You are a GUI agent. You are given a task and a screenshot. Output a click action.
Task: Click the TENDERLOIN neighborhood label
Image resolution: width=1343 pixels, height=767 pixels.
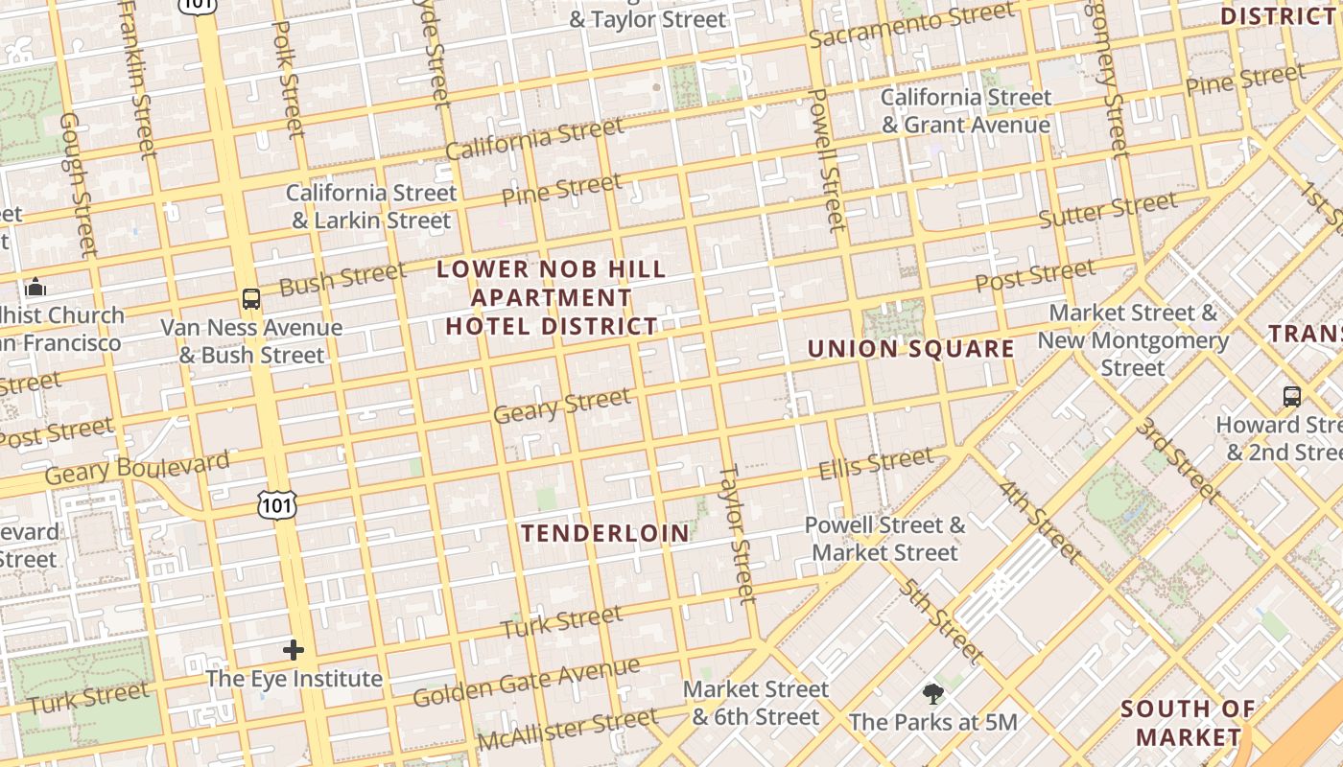[605, 533]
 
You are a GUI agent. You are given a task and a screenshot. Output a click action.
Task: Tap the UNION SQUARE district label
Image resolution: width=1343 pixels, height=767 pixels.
[910, 348]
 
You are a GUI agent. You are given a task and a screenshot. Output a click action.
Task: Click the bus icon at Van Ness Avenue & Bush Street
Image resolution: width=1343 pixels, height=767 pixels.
[251, 299]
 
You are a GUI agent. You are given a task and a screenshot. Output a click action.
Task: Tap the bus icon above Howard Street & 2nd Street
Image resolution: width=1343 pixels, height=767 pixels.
[1292, 396]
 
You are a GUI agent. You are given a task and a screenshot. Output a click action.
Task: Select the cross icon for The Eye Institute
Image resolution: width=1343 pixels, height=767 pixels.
[294, 650]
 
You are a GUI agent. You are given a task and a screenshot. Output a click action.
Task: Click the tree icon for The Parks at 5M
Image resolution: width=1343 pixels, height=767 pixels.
[932, 694]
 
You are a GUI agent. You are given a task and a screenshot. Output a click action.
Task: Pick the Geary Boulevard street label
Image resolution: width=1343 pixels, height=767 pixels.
[137, 467]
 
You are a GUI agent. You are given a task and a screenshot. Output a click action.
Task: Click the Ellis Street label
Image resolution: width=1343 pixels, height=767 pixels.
[875, 463]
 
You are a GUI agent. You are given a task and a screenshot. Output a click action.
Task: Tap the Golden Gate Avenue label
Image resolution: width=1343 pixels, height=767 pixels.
[526, 682]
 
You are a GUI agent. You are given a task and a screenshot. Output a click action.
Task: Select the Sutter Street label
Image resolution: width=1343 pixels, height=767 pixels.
[1108, 210]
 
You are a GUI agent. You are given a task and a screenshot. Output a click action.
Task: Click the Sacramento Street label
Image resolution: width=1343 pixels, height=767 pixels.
[910, 25]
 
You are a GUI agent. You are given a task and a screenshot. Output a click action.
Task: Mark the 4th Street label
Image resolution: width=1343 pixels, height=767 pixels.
[1040, 521]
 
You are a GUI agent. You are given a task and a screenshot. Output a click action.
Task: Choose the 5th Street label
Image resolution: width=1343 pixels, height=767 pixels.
[940, 621]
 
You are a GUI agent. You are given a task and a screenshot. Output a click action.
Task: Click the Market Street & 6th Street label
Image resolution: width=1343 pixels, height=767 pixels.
[756, 703]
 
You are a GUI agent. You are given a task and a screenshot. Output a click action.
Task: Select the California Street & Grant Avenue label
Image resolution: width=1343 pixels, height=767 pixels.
[966, 111]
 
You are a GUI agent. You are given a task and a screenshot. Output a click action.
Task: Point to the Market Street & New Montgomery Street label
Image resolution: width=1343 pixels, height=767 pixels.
[1133, 340]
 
